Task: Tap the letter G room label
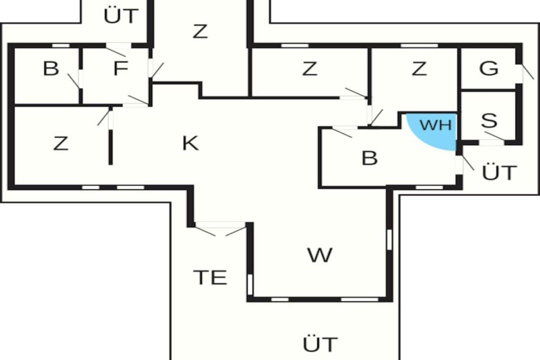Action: pos(488,68)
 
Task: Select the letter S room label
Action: pos(489,120)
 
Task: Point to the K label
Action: pos(190,143)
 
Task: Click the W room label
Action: pos(320,255)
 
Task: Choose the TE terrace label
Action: pos(210,277)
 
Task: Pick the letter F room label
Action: pos(120,68)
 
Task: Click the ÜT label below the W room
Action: pos(320,344)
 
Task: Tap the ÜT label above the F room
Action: pos(121,15)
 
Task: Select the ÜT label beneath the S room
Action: pos(499,172)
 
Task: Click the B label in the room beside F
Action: pos(51,68)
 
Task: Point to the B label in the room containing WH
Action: pos(370,158)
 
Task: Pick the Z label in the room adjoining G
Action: pos(419,68)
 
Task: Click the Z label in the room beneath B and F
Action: pos(60,143)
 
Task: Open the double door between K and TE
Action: pos(220,228)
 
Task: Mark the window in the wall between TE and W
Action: pos(250,284)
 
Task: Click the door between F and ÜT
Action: pos(117,49)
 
